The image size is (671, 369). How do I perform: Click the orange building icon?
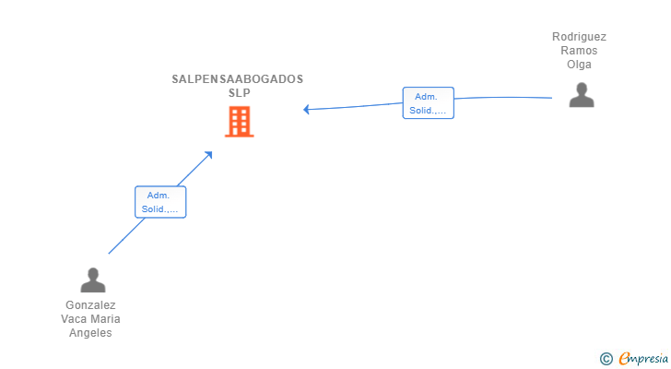point(239,122)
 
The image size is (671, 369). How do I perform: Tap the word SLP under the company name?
point(239,93)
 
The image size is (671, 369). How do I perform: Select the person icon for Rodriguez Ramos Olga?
point(581,95)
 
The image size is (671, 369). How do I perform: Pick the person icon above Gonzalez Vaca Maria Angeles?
point(92,280)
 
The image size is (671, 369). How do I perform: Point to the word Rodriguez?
point(580,37)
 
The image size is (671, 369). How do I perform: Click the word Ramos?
point(580,51)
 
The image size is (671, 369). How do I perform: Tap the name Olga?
point(580,65)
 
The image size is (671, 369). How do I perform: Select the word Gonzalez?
point(90,305)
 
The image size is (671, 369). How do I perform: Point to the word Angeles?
point(90,333)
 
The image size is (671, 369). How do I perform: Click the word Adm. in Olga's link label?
point(428,97)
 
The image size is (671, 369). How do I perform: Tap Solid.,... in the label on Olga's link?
point(428,111)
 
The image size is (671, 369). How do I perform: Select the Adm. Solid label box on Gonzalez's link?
point(160,202)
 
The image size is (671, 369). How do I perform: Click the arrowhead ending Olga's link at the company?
point(307,109)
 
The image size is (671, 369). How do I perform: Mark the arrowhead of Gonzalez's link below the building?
point(209,154)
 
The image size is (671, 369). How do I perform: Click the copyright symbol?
point(606,359)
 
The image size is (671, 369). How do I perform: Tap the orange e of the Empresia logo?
point(624,359)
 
